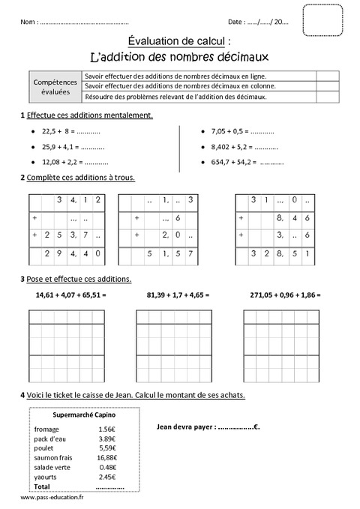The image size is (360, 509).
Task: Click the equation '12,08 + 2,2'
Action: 75,161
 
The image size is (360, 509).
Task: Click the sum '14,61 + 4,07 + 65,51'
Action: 70,295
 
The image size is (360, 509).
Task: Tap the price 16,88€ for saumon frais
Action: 107,456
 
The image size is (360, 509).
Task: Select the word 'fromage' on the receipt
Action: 46,429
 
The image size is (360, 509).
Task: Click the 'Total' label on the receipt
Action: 42,485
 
